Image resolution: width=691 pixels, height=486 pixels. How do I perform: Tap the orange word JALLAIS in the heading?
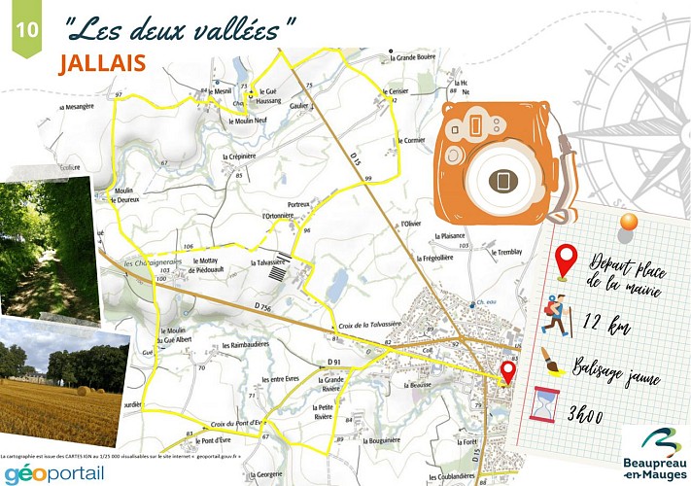(102, 62)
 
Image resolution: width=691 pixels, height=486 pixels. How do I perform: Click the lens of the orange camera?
(502, 181)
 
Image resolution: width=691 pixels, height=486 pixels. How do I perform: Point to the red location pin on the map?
(507, 372)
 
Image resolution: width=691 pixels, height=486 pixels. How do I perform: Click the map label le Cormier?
(413, 140)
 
